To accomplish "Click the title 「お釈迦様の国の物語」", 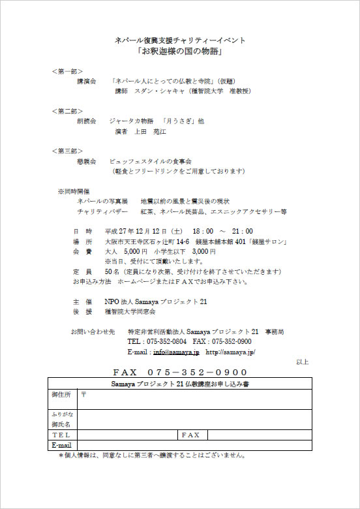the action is [x=180, y=52].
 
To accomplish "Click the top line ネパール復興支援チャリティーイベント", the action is [x=180, y=40].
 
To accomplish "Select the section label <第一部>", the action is [x=67, y=70].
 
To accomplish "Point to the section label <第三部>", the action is [x=67, y=151].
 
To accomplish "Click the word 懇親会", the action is [x=87, y=161].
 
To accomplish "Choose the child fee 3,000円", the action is [x=203, y=251].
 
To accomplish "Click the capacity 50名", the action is [x=112, y=271].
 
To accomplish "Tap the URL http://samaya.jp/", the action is [x=230, y=352].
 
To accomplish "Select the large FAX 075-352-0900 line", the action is [x=180, y=372].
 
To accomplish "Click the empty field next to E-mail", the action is [x=194, y=445].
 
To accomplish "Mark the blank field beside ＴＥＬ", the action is [x=127, y=435].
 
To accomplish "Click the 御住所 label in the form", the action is [x=61, y=395].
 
